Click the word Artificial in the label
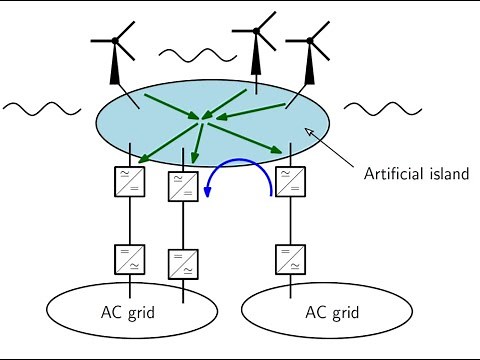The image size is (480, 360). [x=391, y=173]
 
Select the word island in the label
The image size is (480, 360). [x=447, y=173]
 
